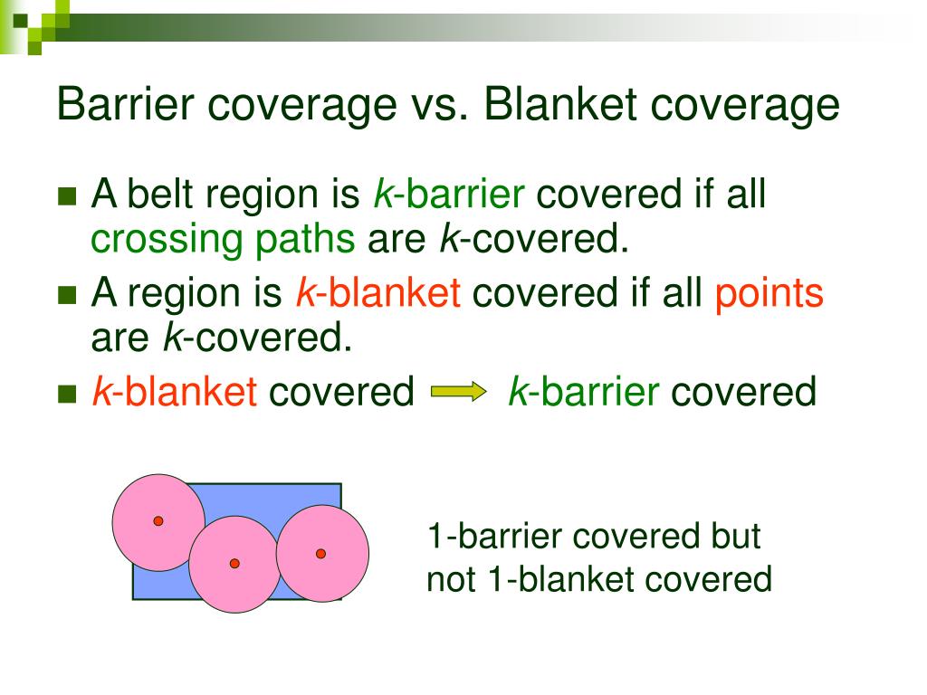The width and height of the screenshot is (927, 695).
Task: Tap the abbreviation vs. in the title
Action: pyautogui.click(x=433, y=105)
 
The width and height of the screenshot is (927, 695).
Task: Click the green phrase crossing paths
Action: pyautogui.click(x=223, y=240)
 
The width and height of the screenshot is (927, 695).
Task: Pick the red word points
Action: pyautogui.click(x=769, y=294)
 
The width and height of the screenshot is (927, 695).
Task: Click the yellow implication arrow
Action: pyautogui.click(x=459, y=392)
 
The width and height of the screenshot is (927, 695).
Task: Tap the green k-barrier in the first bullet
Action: pyautogui.click(x=449, y=195)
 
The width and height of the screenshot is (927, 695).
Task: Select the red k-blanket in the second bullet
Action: pyautogui.click(x=378, y=294)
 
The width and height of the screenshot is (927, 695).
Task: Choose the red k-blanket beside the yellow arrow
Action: pyautogui.click(x=175, y=392)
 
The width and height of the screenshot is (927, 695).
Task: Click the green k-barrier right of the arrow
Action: pyautogui.click(x=582, y=392)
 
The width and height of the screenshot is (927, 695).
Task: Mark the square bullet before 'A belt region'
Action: pyautogui.click(x=67, y=197)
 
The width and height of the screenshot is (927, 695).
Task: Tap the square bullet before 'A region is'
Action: pyautogui.click(x=67, y=296)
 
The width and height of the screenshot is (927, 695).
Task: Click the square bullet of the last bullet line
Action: pyautogui.click(x=67, y=394)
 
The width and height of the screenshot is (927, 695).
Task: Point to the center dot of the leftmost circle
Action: pyautogui.click(x=158, y=521)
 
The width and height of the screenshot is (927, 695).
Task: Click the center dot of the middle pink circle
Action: pyautogui.click(x=234, y=563)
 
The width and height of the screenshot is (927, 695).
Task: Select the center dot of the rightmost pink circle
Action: pyautogui.click(x=320, y=553)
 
